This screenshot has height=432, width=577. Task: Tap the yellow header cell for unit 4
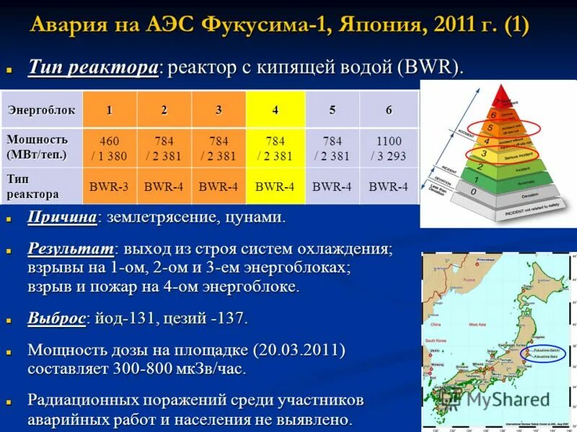[x=275, y=110]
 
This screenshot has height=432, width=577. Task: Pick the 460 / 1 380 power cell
[x=109, y=148]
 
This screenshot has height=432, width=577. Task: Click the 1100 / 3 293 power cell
[x=389, y=148]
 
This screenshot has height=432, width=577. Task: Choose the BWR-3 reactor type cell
[x=109, y=186]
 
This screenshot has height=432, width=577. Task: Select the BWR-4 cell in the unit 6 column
[x=389, y=186]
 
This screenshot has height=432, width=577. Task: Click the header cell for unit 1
[x=109, y=110]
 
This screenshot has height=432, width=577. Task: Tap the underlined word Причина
[x=62, y=217]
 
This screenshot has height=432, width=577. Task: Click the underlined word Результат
[x=71, y=249]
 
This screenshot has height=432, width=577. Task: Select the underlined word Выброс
[x=57, y=318]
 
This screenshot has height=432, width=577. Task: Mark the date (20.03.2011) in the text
[x=299, y=351]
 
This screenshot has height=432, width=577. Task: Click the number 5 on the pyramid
[x=491, y=129]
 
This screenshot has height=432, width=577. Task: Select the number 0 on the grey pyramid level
[x=472, y=192]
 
